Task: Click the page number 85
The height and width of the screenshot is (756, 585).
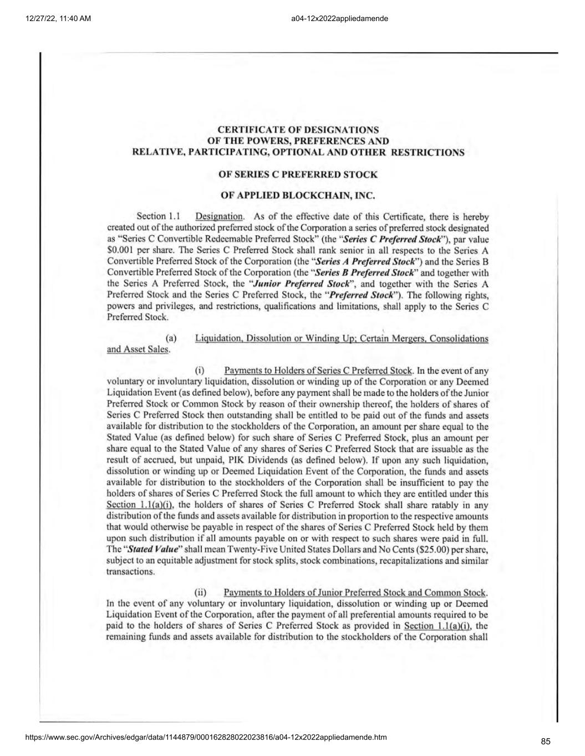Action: point(546,742)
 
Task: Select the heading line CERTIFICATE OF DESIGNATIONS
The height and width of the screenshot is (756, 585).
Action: point(298,130)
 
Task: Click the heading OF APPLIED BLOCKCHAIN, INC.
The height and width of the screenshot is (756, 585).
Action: point(298,196)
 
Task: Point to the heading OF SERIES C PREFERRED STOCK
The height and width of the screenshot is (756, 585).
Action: point(298,174)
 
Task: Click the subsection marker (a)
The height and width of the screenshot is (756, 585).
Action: point(171,338)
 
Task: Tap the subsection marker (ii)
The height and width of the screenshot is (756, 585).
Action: point(200,593)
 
